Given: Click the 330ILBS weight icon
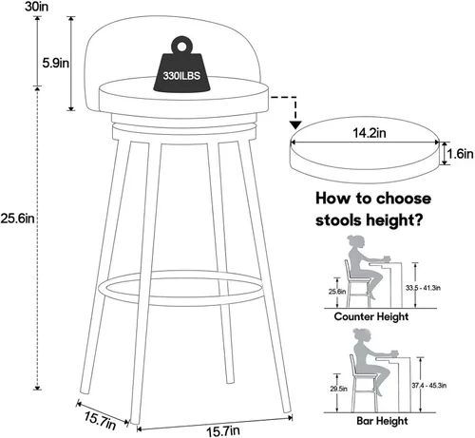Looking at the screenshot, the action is [x=181, y=67].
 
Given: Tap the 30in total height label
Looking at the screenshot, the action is [x=37, y=7].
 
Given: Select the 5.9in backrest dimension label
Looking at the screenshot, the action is [x=56, y=63].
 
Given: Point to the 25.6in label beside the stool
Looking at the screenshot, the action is [x=17, y=218].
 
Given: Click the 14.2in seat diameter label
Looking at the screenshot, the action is [x=370, y=133].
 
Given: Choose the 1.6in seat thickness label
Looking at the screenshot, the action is [x=460, y=154].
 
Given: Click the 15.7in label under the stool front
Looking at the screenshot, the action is [x=223, y=430].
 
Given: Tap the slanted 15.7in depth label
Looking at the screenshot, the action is [x=101, y=420].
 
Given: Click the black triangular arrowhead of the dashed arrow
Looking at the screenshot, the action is [x=295, y=124].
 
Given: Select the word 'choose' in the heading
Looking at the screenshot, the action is [x=404, y=199].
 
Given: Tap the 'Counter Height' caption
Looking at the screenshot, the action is [x=371, y=316].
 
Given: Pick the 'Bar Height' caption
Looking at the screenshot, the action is [x=382, y=421].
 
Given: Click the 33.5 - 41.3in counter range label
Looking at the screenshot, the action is [x=423, y=288].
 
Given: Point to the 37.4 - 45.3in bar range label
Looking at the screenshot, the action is [x=429, y=386].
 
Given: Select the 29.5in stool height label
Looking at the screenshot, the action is [x=338, y=389].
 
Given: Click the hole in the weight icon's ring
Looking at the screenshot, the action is [x=181, y=47].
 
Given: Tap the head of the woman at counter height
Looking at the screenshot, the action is [x=354, y=241].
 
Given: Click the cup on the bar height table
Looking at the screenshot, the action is [x=394, y=352].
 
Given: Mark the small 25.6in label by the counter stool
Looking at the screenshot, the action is [x=337, y=292].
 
